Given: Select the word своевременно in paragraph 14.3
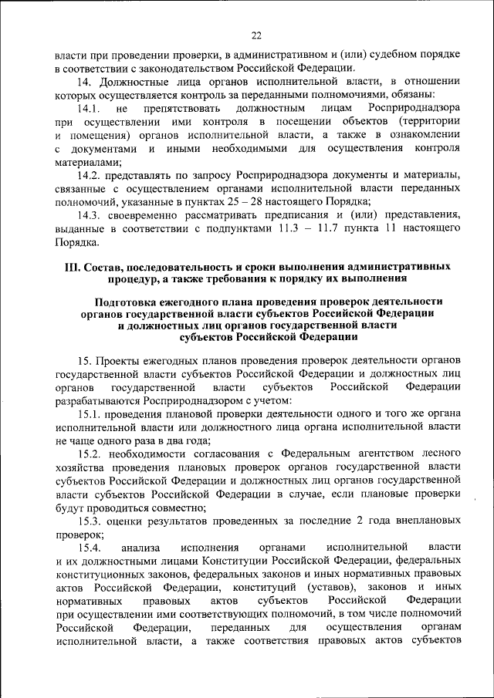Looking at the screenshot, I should click(147, 215).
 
